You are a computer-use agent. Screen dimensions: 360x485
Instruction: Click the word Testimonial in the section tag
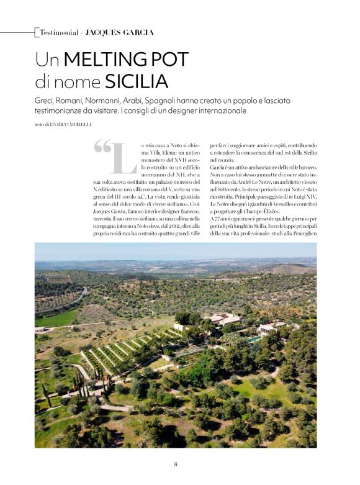(x=59, y=32)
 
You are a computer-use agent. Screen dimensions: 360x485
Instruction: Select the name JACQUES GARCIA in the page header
(x=119, y=32)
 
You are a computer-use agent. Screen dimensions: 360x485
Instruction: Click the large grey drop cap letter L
(x=126, y=160)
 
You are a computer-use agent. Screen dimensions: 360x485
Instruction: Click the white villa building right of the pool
(x=267, y=329)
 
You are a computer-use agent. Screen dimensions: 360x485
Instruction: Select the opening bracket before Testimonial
(x=37, y=32)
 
